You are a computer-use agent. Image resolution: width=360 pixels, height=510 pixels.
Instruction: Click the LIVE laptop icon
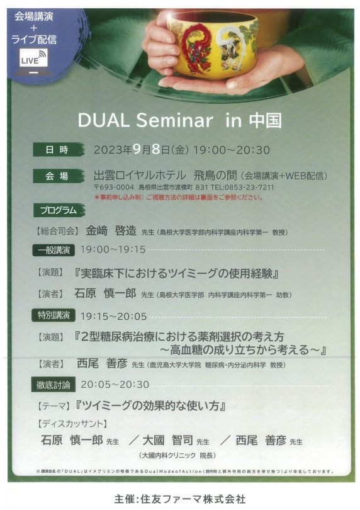click(34, 62)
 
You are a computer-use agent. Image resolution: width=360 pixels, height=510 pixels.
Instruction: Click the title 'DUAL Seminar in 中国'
click(179, 120)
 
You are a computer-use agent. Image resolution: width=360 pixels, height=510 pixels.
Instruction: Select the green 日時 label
click(58, 150)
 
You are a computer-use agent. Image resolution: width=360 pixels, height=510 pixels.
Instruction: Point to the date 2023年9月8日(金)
click(141, 150)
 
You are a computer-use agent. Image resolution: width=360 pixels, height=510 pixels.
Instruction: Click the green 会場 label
click(58, 176)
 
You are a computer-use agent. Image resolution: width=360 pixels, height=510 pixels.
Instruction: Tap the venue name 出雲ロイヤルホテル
click(140, 176)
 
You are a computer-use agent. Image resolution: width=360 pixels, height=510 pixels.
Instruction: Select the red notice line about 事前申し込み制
click(179, 198)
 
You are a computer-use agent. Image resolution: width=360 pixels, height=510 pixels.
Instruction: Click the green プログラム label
click(59, 210)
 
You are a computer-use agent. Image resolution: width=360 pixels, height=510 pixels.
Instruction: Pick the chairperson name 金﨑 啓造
click(111, 231)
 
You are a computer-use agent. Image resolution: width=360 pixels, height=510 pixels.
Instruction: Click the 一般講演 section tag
click(53, 250)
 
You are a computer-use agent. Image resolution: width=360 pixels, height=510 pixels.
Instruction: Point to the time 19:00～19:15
click(113, 249)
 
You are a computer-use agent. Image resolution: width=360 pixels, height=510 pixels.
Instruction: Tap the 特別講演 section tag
click(53, 315)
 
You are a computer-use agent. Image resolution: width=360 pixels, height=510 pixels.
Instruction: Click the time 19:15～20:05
click(113, 317)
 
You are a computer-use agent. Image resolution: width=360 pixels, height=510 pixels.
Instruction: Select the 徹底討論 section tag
click(53, 385)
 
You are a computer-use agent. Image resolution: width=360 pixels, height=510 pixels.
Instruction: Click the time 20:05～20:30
click(115, 385)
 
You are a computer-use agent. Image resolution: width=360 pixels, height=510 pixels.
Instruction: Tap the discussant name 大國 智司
click(168, 440)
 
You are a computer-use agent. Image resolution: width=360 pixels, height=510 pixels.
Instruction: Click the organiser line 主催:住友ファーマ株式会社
click(180, 499)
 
